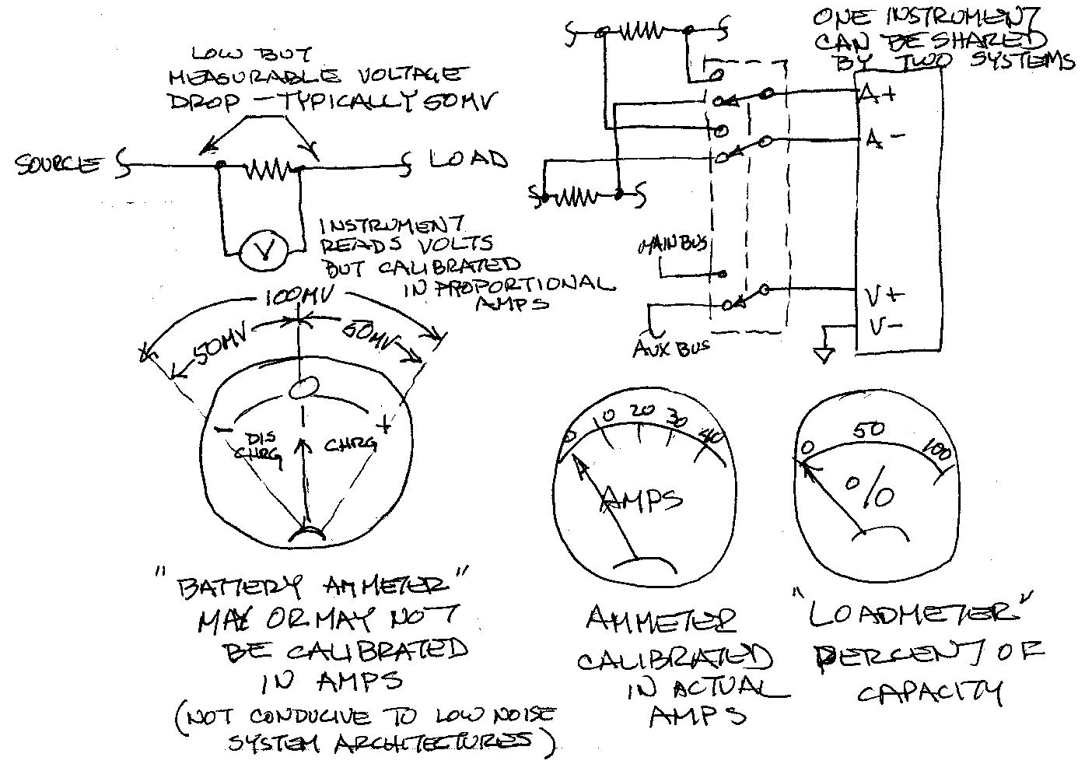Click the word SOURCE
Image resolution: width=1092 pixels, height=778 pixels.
point(58,164)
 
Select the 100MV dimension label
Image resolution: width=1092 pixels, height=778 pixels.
point(297,298)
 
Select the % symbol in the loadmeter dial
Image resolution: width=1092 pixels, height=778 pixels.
point(869,492)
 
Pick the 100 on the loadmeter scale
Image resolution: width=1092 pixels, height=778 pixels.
point(933,447)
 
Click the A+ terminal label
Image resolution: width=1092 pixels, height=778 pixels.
point(877,96)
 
